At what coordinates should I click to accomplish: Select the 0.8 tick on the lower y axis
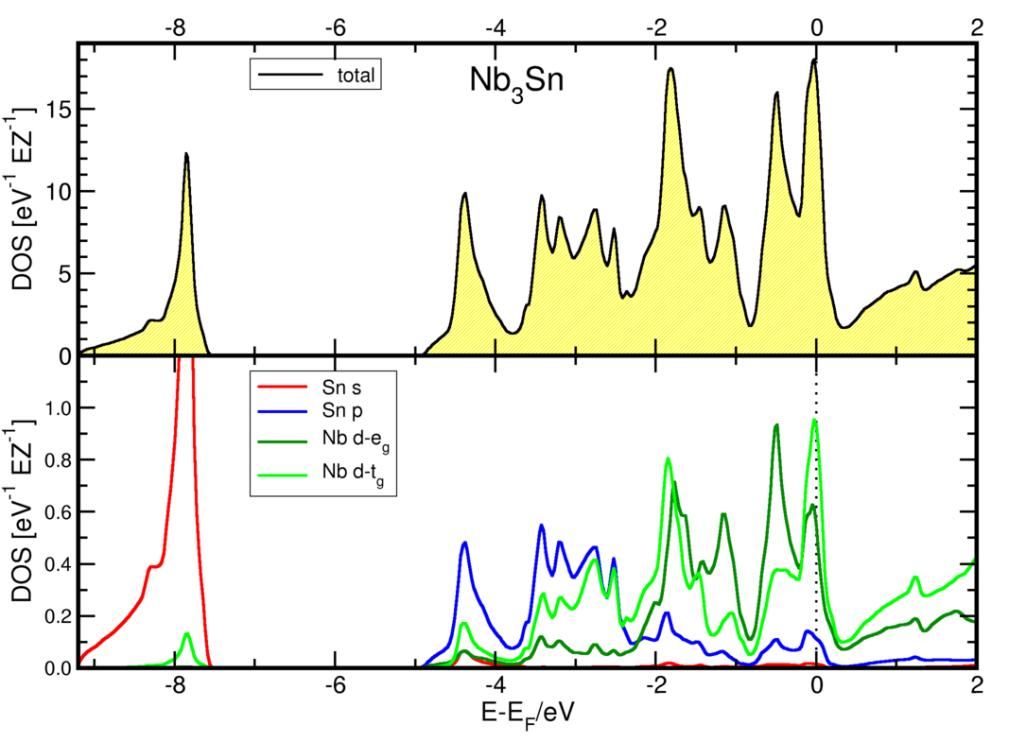pyautogui.click(x=52, y=460)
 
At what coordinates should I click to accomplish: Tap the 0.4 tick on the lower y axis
pyautogui.click(x=52, y=564)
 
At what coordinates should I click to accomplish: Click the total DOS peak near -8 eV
pyautogui.click(x=186, y=154)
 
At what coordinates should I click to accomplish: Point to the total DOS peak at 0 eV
pyautogui.click(x=813, y=60)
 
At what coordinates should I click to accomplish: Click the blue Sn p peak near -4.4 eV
pyautogui.click(x=465, y=543)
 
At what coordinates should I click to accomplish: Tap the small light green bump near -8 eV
pyautogui.click(x=186, y=634)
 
